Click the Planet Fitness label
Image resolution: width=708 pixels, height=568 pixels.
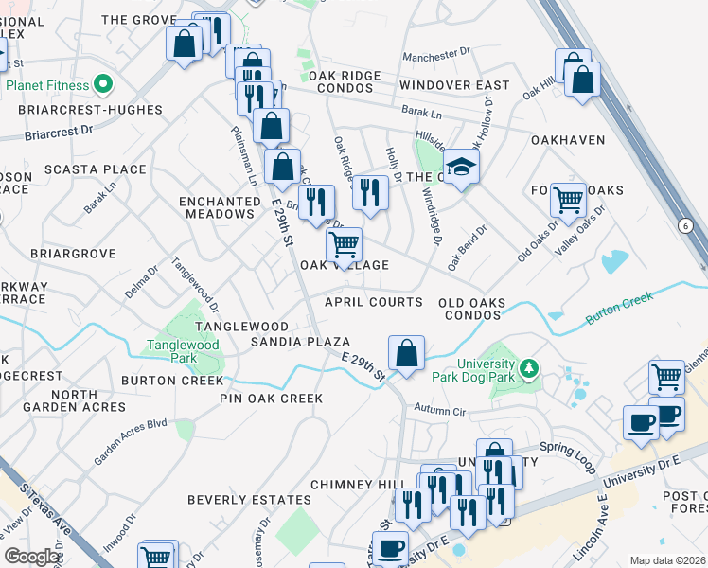coord(47,84)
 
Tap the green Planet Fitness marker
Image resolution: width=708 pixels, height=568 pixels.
coord(102,83)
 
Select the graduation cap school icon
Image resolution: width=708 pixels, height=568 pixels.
coord(462,167)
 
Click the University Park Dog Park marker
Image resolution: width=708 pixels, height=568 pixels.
coord(529,367)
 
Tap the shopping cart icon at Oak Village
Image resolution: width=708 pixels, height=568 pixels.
coord(344,244)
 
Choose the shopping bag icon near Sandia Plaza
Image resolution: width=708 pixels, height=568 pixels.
coord(406,354)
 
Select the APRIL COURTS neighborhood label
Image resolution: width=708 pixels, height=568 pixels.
coord(373,302)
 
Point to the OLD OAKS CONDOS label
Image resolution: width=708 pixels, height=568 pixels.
coord(471,309)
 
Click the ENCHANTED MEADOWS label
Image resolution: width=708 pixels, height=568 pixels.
coord(220,207)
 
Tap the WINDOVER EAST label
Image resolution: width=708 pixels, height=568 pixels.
coord(454,85)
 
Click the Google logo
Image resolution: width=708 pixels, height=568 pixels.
coord(31,557)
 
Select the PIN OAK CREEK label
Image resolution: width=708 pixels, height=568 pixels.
coord(271,399)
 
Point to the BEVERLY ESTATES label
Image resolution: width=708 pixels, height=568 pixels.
coord(249,499)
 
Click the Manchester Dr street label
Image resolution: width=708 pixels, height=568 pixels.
coord(436,57)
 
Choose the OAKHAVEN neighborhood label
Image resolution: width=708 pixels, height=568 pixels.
coord(568,140)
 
